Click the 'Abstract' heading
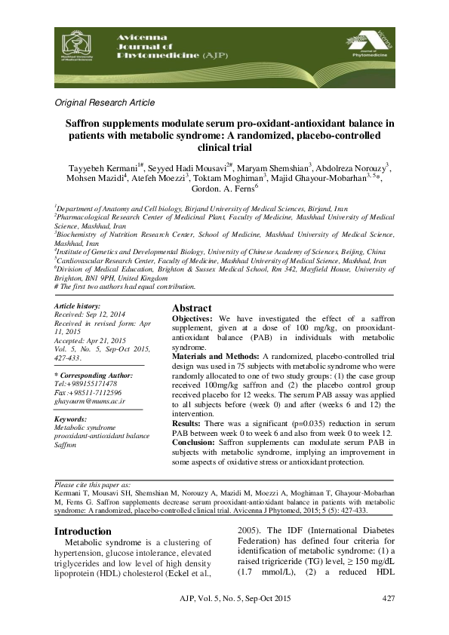[192, 308]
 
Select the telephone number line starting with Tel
[85, 384]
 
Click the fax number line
[88, 394]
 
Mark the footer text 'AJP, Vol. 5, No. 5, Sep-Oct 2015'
[226, 599]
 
